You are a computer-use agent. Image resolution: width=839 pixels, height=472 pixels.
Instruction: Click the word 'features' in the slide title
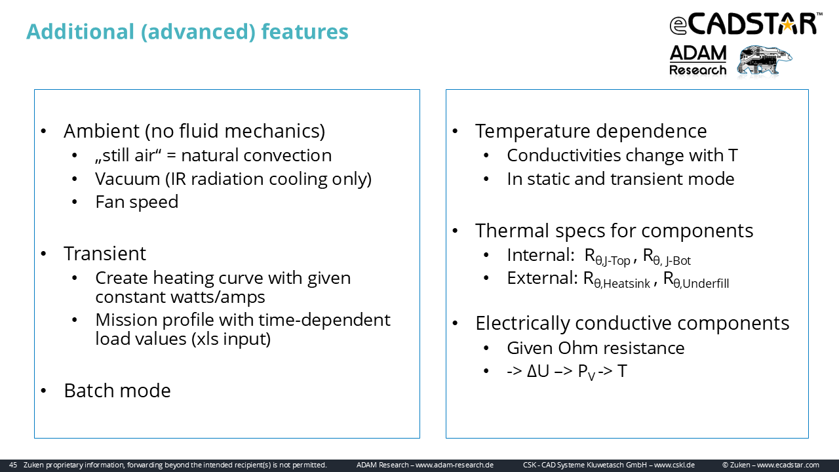click(x=305, y=31)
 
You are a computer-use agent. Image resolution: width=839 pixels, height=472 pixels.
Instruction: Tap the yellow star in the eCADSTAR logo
click(x=788, y=25)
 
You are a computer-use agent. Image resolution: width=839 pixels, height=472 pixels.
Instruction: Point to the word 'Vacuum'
click(x=128, y=179)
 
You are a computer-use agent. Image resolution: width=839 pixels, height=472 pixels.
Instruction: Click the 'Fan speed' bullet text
click(x=137, y=203)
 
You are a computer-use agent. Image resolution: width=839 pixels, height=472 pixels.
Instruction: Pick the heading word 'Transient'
click(x=104, y=254)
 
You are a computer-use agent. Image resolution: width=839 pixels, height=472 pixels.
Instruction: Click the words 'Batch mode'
click(x=117, y=391)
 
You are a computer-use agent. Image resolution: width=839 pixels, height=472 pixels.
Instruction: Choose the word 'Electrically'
click(x=522, y=323)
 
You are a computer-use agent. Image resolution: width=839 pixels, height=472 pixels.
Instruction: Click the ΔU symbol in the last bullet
click(x=538, y=371)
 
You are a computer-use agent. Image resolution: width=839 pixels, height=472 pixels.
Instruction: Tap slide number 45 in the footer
click(x=13, y=465)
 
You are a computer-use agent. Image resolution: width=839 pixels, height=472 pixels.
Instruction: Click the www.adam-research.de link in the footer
click(x=455, y=465)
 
